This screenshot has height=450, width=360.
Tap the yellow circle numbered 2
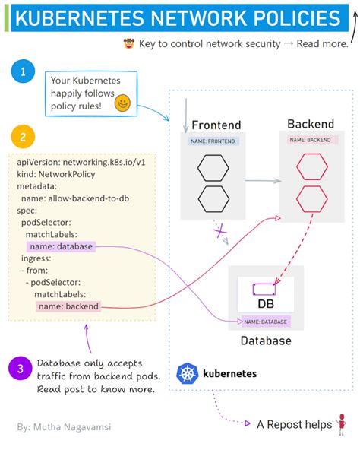point(23,137)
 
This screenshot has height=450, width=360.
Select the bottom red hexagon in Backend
point(311,198)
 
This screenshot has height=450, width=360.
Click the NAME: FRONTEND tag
point(214,141)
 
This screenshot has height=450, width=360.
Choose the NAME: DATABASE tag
point(261,322)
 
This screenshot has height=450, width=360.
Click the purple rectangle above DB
point(264,290)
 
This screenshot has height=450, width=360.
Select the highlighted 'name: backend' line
point(68,306)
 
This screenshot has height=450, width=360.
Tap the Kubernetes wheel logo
point(187,373)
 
